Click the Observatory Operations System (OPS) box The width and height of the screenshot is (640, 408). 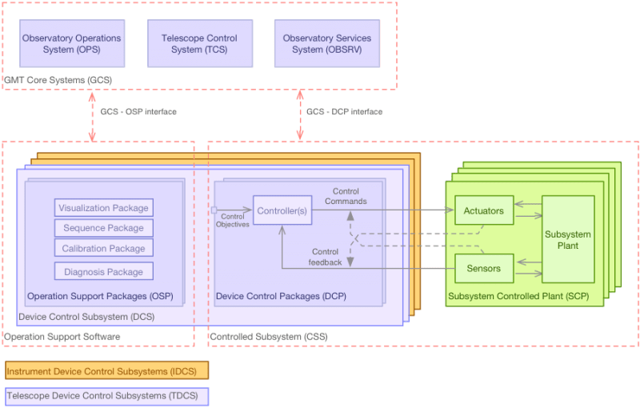pyautogui.click(x=72, y=43)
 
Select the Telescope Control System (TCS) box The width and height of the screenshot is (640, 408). pyautogui.click(x=200, y=43)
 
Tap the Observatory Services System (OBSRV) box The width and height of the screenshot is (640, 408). pyautogui.click(x=326, y=43)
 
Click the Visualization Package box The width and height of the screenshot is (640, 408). pyautogui.click(x=104, y=208)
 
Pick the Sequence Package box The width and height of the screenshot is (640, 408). pyautogui.click(x=104, y=228)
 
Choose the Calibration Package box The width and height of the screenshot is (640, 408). pyautogui.click(x=104, y=248)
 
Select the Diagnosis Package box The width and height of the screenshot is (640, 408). pyautogui.click(x=104, y=271)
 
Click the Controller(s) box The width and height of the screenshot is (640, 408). pyautogui.click(x=281, y=211)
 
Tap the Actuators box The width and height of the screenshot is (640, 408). pyautogui.click(x=483, y=211)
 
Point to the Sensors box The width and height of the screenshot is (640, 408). pyautogui.click(x=483, y=268)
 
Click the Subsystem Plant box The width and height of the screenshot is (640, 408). pyautogui.click(x=568, y=239)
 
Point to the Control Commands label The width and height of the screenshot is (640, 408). pyautogui.click(x=346, y=196)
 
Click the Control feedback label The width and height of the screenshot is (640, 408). pyautogui.click(x=326, y=257)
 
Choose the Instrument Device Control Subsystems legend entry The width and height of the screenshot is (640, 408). pyautogui.click(x=106, y=370)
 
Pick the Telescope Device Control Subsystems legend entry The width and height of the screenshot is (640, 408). pyautogui.click(x=106, y=396)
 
